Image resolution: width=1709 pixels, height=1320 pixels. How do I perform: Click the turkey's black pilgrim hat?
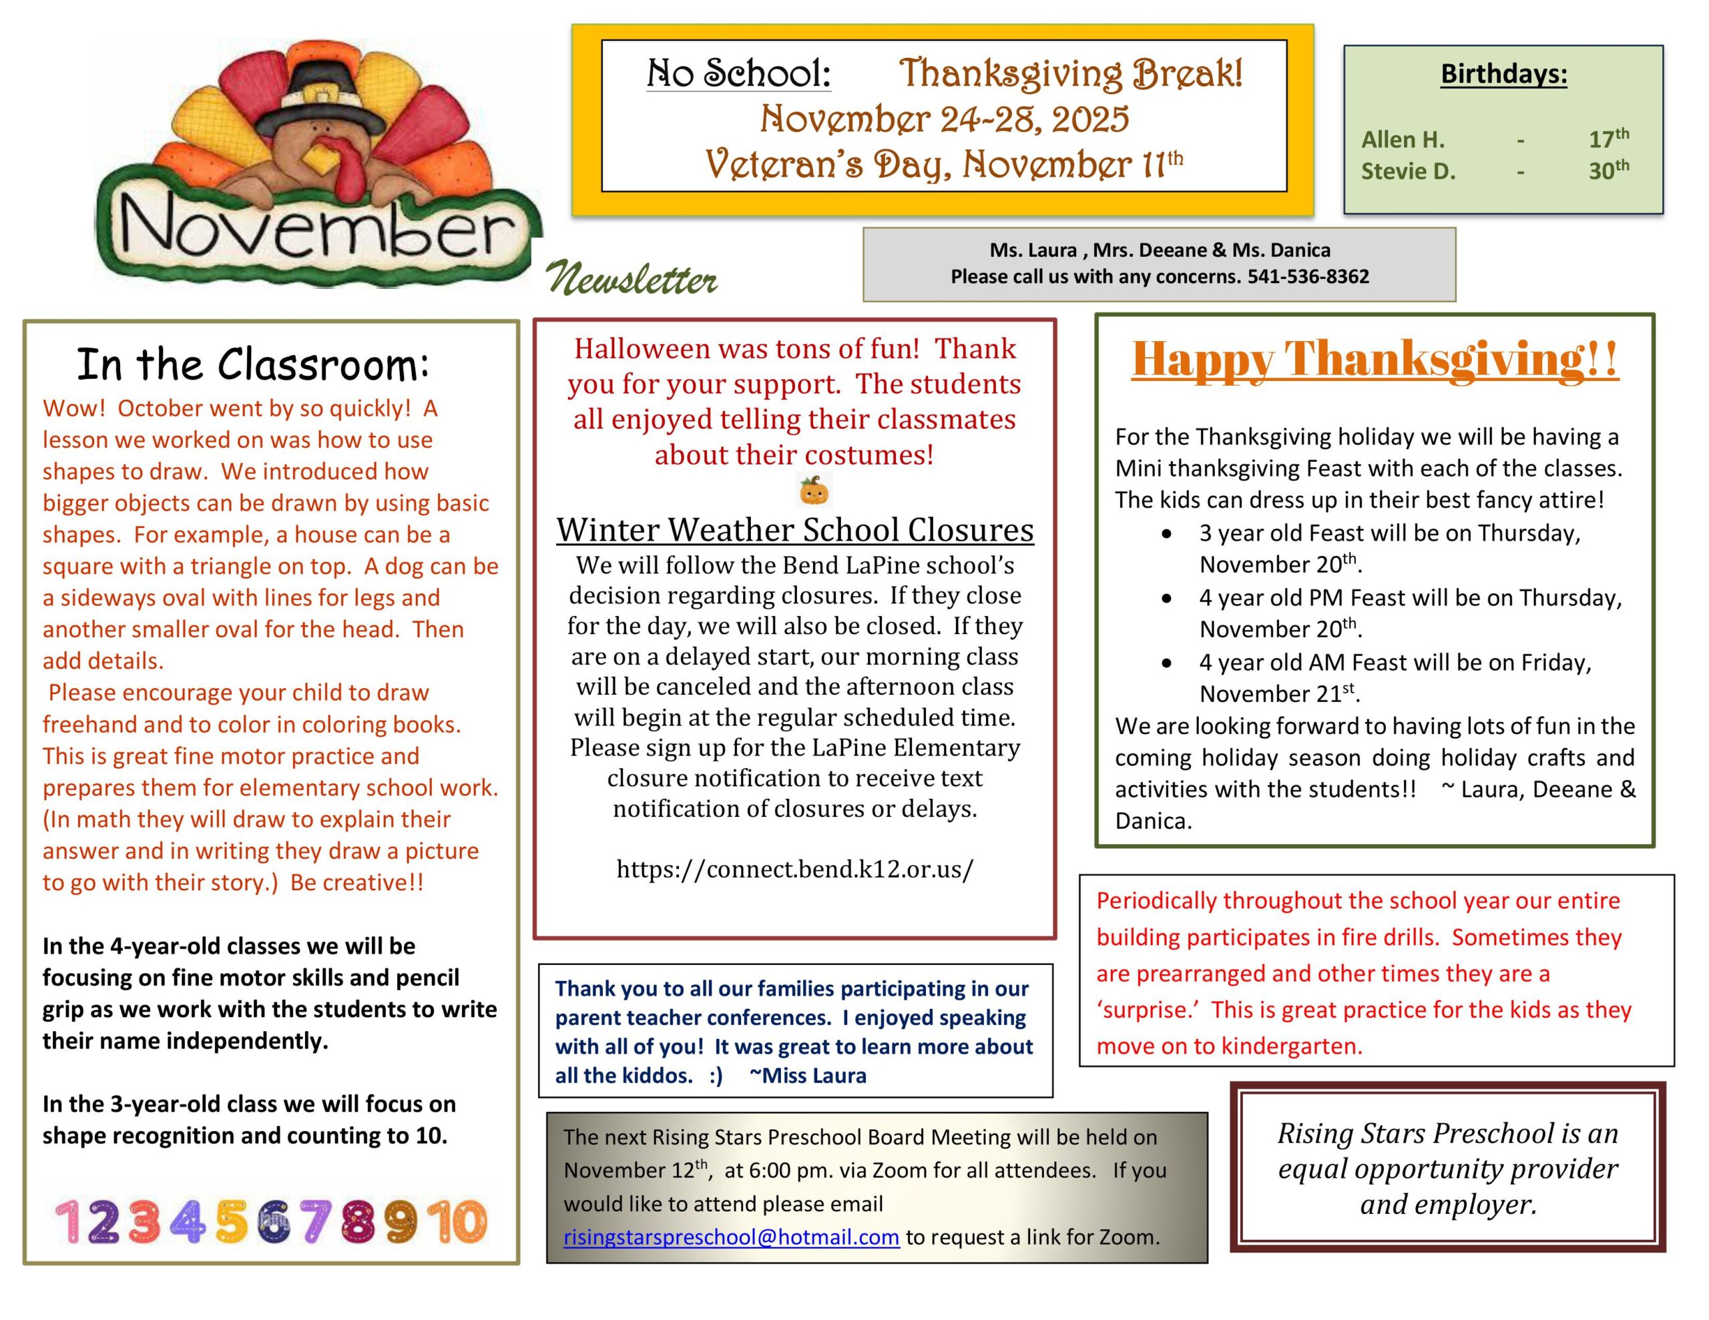click(324, 98)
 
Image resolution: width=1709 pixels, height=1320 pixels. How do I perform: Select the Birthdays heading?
click(1503, 73)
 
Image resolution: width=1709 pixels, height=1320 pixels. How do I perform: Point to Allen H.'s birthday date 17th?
click(1608, 139)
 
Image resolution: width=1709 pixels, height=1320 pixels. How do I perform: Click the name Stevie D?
click(1408, 172)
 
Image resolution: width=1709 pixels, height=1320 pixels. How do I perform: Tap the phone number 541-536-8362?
click(1308, 276)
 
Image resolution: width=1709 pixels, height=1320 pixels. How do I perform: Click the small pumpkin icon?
click(814, 491)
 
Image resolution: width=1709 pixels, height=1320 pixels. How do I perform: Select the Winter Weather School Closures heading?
click(794, 530)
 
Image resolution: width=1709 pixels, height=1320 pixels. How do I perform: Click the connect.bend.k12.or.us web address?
click(794, 868)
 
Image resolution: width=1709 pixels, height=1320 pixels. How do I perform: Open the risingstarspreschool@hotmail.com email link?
click(731, 1237)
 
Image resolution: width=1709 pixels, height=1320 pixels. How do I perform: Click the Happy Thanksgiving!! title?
click(1374, 359)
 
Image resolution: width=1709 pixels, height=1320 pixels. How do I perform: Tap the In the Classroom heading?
click(253, 364)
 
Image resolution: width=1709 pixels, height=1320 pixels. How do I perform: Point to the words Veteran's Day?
click(828, 165)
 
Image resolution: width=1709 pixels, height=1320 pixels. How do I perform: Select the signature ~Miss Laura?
click(808, 1076)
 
